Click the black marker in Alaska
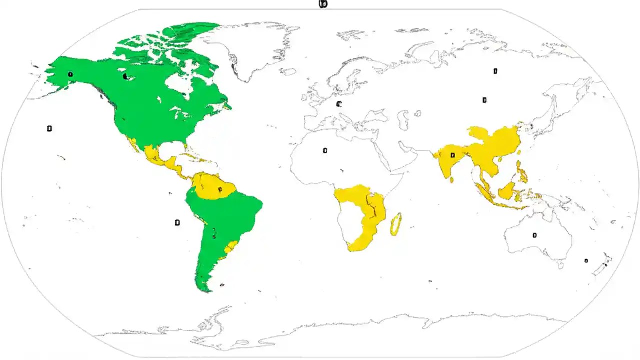tap(70, 75)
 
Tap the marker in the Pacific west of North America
tap(49, 129)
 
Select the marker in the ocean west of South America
tap(177, 222)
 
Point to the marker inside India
tap(452, 155)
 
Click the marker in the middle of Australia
tap(534, 235)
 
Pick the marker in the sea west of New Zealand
tap(586, 260)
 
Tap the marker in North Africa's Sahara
tap(325, 150)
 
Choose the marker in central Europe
tap(338, 104)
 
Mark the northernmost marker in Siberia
tap(495, 71)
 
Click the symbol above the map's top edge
tap(323, 4)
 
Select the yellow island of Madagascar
tap(396, 224)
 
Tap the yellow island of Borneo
tap(507, 191)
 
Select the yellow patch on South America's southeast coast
tap(231, 246)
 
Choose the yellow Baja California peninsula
tap(133, 145)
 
